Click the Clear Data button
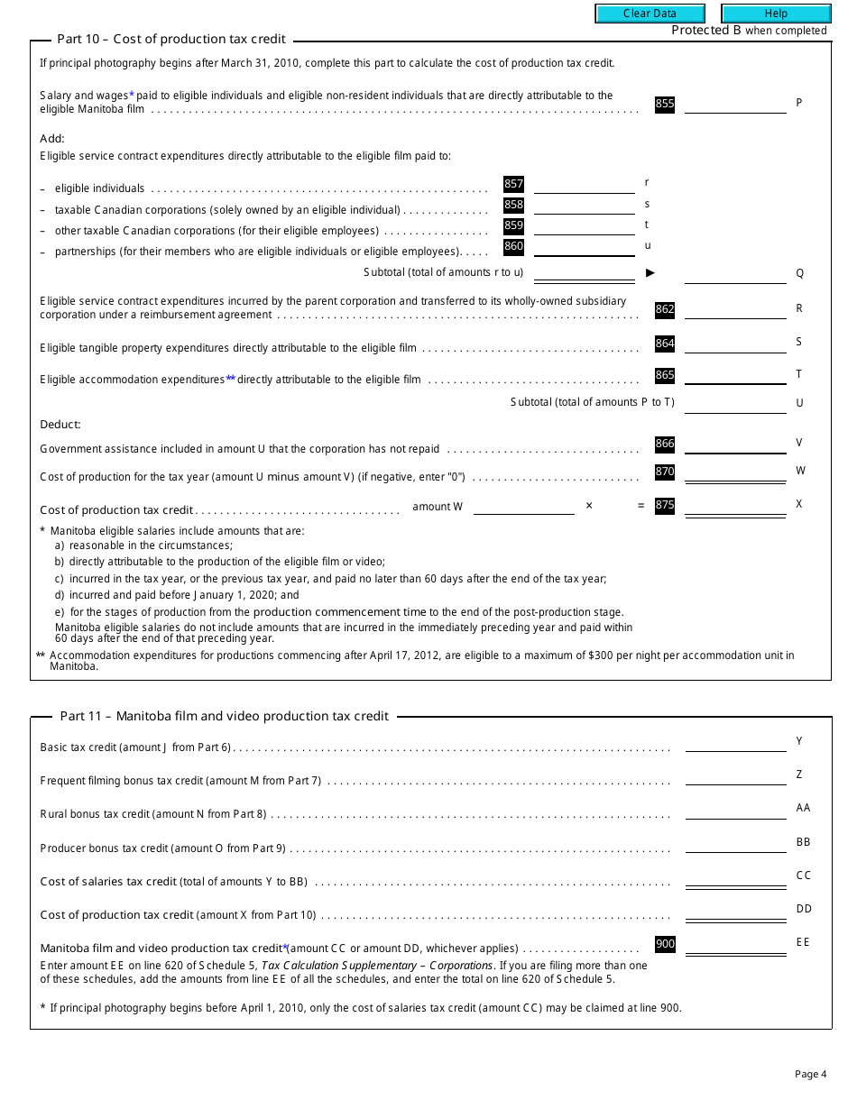(x=650, y=14)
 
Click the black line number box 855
(x=665, y=104)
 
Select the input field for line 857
(x=585, y=185)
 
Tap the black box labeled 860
(x=513, y=247)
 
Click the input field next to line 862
(x=735, y=309)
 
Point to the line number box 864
(x=665, y=344)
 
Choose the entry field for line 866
(x=735, y=444)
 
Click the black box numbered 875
(x=665, y=506)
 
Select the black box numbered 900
(x=665, y=945)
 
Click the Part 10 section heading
(x=171, y=39)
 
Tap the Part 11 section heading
(x=225, y=716)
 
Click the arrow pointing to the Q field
(x=650, y=272)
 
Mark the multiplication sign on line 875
(x=589, y=506)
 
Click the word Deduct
(x=60, y=425)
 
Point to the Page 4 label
(x=810, y=1074)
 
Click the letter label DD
(x=803, y=909)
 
